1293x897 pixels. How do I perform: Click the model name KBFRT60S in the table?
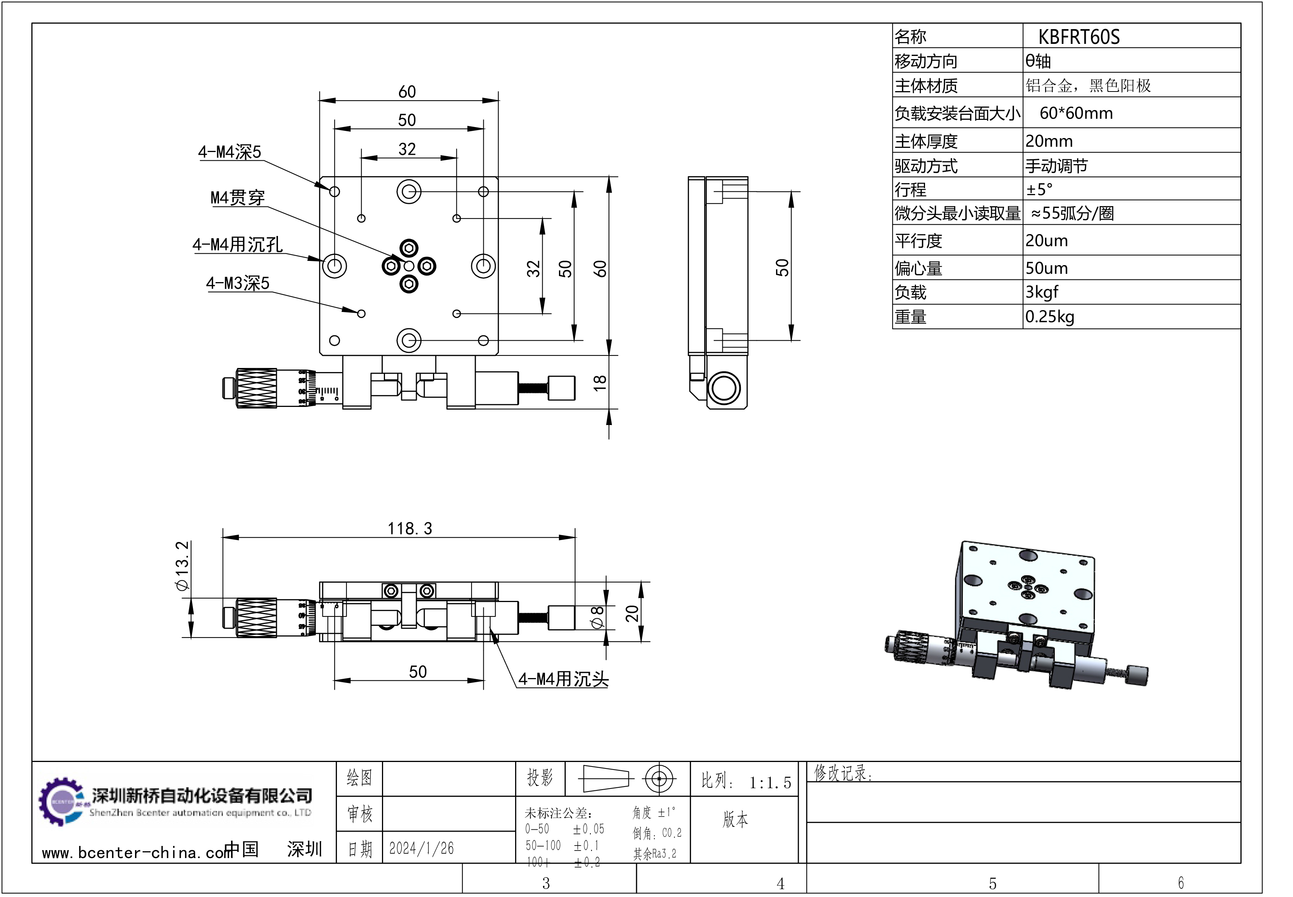click(1078, 37)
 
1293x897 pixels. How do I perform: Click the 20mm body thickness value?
click(1049, 141)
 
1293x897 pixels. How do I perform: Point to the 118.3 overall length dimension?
click(410, 528)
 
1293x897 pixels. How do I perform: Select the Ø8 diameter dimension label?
click(596, 617)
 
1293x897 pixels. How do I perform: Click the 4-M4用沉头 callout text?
click(563, 679)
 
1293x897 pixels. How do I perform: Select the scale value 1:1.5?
click(770, 782)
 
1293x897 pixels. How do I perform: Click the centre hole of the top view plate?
click(409, 266)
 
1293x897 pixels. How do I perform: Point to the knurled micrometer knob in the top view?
click(256, 388)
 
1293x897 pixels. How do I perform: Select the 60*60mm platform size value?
click(1076, 113)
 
